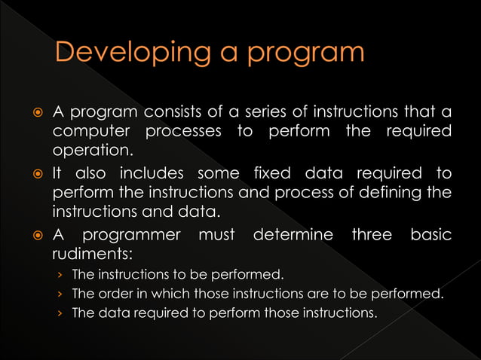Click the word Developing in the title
pos(130,53)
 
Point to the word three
pos(372,236)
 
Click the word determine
pos(293,236)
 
